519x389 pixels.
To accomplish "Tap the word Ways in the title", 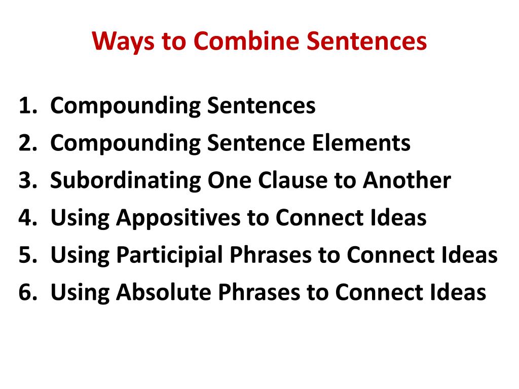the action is point(123,42).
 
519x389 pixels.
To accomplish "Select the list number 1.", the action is point(28,106).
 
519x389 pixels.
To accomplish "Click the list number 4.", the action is point(28,218).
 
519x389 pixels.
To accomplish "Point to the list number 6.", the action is point(28,292).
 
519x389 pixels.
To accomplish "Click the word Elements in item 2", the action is point(361,143).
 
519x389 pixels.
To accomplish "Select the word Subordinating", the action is point(126,181).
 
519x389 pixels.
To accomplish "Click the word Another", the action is point(407,180).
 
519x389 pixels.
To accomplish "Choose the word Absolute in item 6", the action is point(164,292).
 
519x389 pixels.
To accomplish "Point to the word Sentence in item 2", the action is point(256,143).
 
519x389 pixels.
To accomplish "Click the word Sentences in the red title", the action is point(367,41).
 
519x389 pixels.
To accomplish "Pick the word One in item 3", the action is point(230,181).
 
